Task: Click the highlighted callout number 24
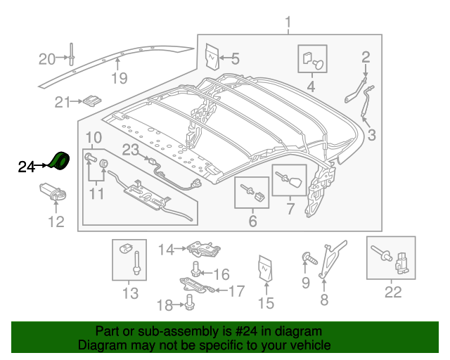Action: point(26,167)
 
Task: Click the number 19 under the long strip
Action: point(120,78)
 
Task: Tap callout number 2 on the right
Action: point(366,57)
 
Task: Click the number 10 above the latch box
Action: point(94,136)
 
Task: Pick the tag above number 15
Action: point(265,269)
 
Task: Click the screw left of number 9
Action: point(308,257)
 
